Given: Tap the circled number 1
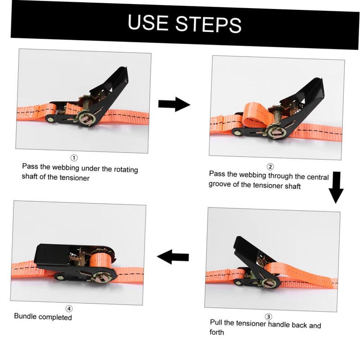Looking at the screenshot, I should point(74,158).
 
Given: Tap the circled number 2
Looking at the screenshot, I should point(270,167).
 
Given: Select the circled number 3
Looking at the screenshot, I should point(268,317).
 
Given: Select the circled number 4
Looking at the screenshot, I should point(69,309).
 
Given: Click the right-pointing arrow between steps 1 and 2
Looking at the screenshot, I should point(174,104).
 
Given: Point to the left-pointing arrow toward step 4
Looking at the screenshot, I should point(172,257).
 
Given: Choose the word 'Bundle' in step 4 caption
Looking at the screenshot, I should point(25,316).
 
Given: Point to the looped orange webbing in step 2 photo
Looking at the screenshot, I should point(255,115).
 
